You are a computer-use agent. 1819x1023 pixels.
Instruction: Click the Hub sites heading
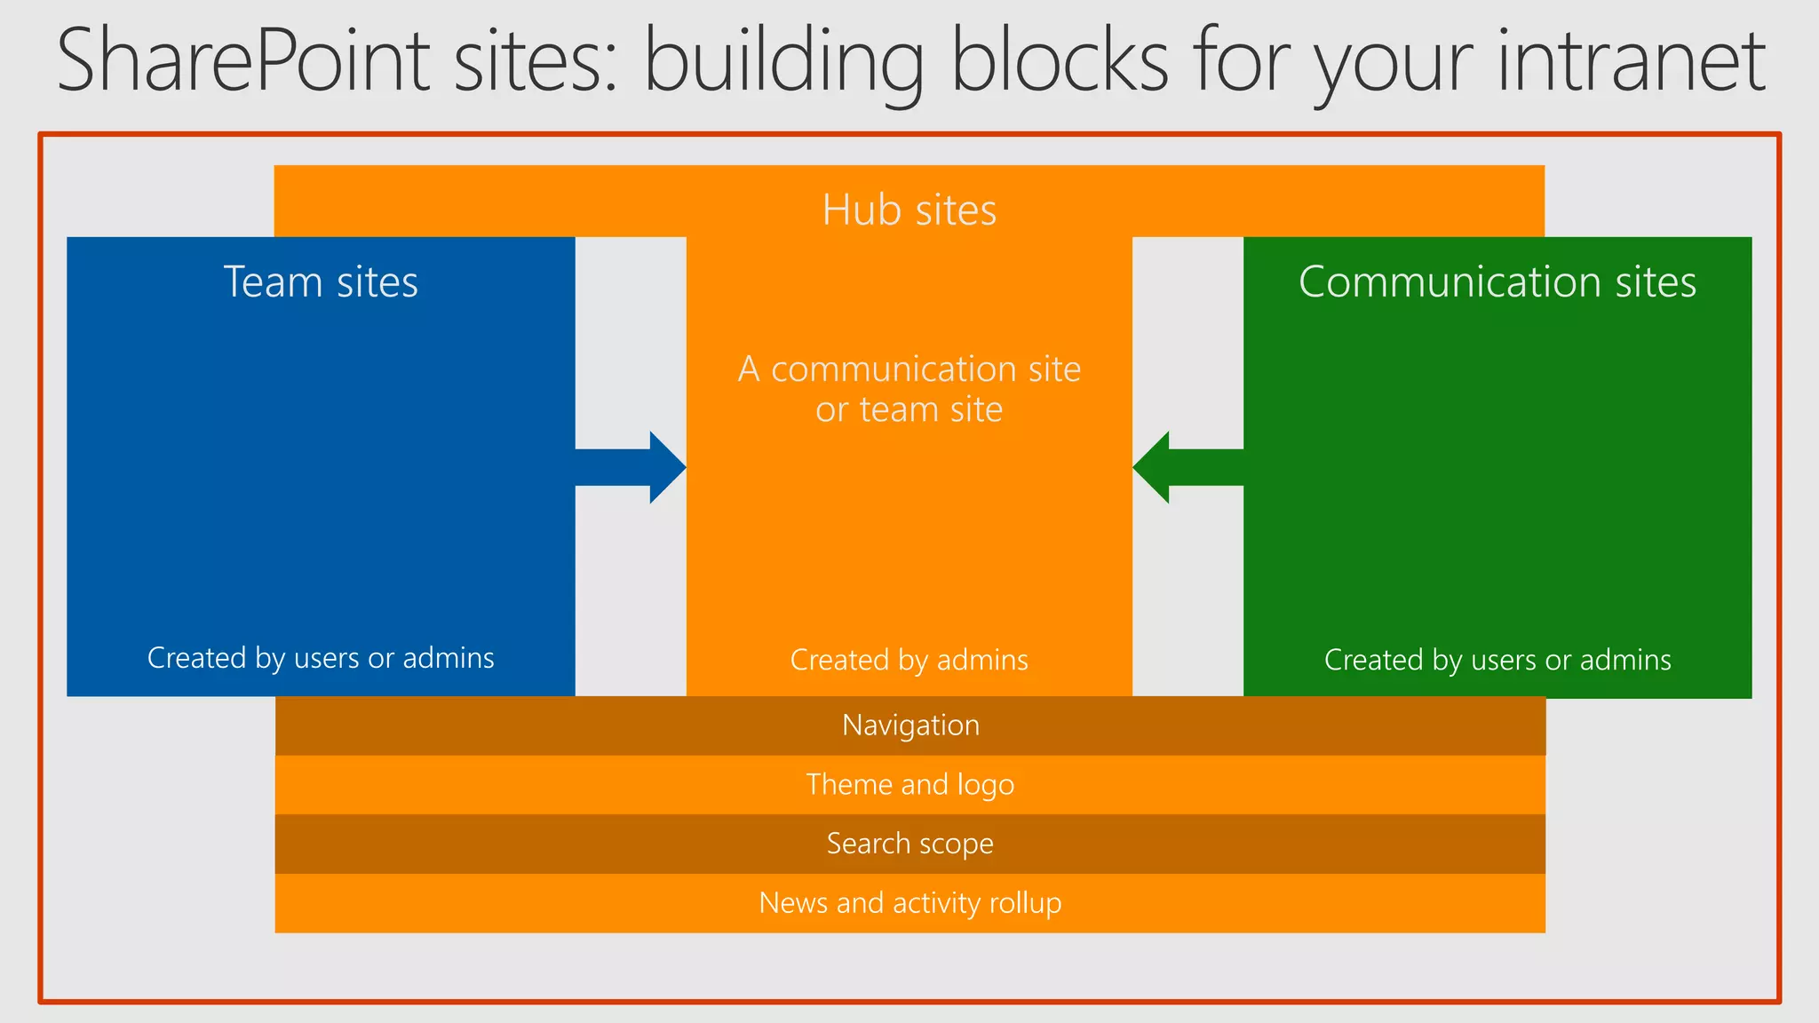[x=909, y=210]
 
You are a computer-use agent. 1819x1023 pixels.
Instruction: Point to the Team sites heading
[x=321, y=282]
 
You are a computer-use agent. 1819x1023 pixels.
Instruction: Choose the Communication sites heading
[x=1497, y=282]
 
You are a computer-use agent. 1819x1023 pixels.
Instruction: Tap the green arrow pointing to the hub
[x=1187, y=467]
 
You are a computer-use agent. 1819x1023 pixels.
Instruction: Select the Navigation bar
[x=910, y=726]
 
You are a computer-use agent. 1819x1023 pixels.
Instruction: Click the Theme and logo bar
[x=910, y=785]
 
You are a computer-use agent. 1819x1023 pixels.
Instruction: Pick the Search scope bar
[x=910, y=844]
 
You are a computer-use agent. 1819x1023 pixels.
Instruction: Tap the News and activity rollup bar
[x=910, y=903]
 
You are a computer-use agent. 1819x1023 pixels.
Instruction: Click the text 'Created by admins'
[x=909, y=660]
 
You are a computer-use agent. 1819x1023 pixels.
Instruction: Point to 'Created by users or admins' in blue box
[x=321, y=658]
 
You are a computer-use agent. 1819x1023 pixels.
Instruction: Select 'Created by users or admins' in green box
[x=1497, y=660]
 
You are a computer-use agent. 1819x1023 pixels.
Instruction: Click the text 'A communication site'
[x=909, y=369]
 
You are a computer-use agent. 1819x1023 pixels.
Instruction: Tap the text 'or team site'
[x=909, y=410]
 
